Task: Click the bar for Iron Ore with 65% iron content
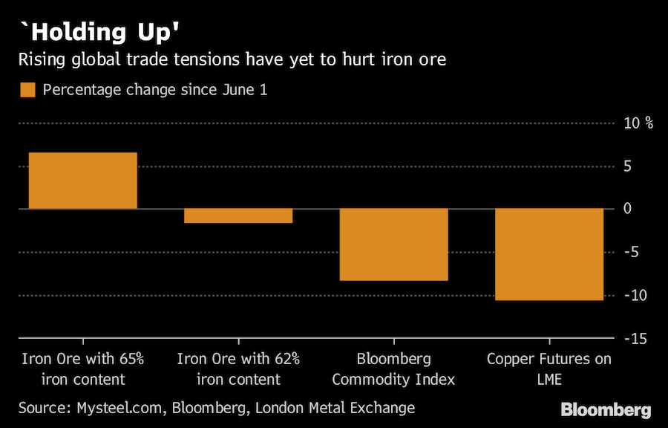click(x=83, y=181)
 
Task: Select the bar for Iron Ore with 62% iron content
click(x=238, y=215)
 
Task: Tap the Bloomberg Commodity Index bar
click(x=393, y=244)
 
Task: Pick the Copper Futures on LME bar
click(x=549, y=254)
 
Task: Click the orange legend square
click(x=28, y=90)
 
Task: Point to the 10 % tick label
click(x=638, y=123)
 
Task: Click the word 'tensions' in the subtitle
click(x=215, y=59)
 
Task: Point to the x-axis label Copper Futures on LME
click(x=549, y=369)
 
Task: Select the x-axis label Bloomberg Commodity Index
click(x=393, y=369)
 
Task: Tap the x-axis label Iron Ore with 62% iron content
click(x=238, y=369)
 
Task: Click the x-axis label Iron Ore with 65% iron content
click(x=83, y=369)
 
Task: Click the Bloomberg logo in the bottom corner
click(x=606, y=409)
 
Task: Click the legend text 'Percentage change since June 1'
click(x=154, y=90)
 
